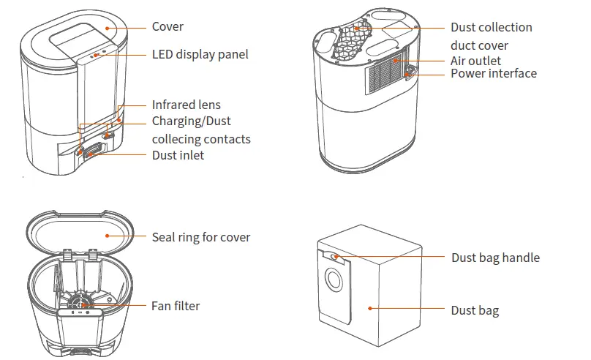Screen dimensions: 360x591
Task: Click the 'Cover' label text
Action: [x=167, y=27]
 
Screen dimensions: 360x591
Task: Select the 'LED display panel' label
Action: [x=200, y=54]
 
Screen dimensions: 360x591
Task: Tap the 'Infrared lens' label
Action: [x=186, y=105]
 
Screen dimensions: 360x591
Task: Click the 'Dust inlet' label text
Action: [x=178, y=155]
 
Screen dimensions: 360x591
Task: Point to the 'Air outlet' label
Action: [x=475, y=61]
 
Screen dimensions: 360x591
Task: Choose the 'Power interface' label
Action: [x=493, y=73]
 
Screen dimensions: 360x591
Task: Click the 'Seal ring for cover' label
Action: [x=200, y=237]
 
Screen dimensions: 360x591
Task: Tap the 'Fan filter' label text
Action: [x=176, y=306]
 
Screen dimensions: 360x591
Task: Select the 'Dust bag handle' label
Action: [x=495, y=258]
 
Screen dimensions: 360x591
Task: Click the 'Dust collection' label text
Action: [x=491, y=27]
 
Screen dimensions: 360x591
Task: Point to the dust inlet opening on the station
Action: [x=93, y=153]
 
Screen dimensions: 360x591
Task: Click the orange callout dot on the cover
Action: [x=106, y=27]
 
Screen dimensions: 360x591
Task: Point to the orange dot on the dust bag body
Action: [x=371, y=309]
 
